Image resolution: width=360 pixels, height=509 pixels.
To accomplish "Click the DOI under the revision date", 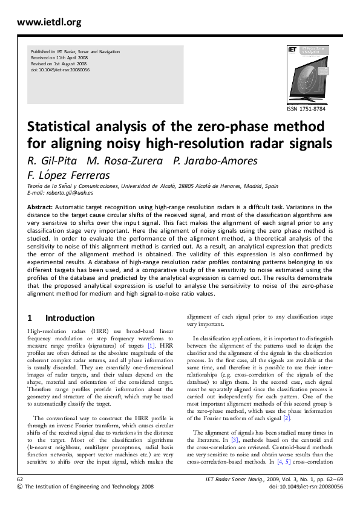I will coord(60,70).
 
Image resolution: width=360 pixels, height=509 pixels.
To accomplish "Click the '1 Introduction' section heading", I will coord(61,318).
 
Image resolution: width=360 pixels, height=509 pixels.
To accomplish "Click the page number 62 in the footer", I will coord(21,479).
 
